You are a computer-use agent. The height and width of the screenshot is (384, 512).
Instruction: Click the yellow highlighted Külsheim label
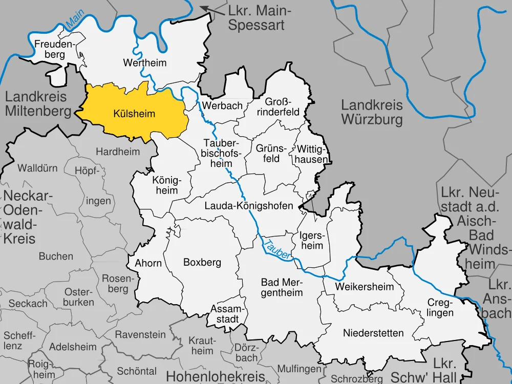[x=134, y=114]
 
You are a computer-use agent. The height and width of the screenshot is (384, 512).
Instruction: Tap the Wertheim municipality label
[x=138, y=63]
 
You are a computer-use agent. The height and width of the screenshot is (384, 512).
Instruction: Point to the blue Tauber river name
[x=278, y=247]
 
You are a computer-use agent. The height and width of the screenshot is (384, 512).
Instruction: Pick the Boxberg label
[x=202, y=263]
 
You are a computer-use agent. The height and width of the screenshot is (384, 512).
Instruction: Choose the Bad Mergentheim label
[x=282, y=287]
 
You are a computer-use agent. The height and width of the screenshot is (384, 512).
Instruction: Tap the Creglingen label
[x=440, y=308]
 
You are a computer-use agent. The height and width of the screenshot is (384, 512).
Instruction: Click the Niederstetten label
[x=373, y=333]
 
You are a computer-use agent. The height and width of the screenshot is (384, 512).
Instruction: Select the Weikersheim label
[x=365, y=287]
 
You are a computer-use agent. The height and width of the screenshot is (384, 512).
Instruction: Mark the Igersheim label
[x=311, y=241]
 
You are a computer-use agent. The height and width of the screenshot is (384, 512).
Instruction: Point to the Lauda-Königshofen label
[x=248, y=206]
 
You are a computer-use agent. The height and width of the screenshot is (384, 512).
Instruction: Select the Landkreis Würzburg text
[x=372, y=113]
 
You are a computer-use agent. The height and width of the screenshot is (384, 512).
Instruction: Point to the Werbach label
[x=215, y=105]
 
